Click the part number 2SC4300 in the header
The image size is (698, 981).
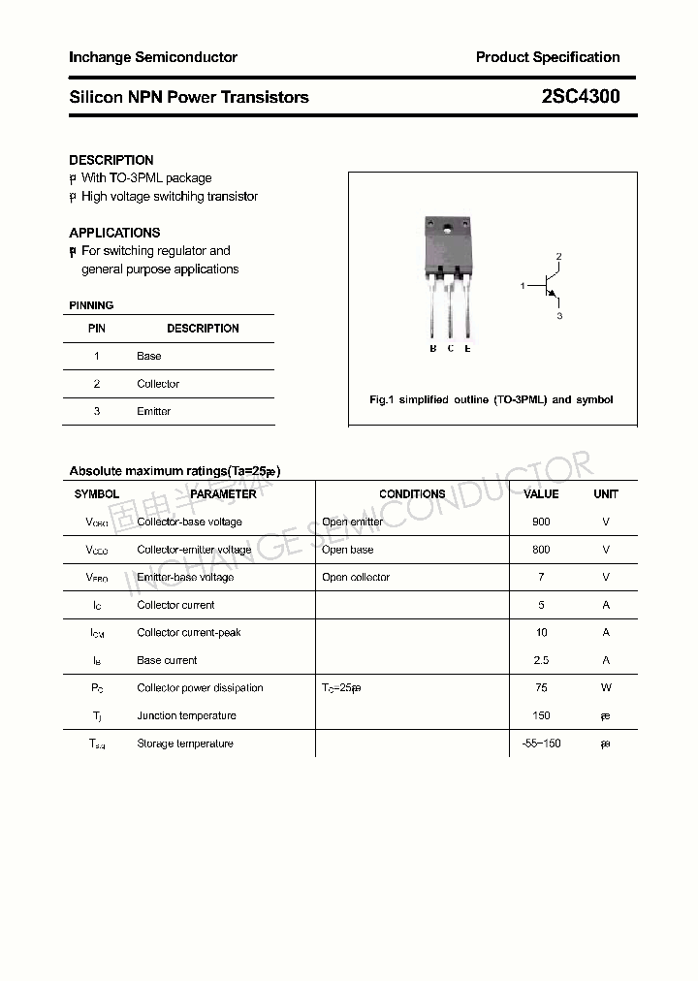[x=581, y=97]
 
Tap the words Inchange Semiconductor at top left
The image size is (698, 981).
[x=153, y=57]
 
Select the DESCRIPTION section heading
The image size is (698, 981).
[x=111, y=160]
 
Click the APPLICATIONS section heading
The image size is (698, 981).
[x=114, y=233]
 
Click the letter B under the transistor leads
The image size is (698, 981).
[x=433, y=348]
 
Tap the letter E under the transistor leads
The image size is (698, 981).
[x=467, y=348]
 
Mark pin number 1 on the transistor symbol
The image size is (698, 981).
[x=523, y=286]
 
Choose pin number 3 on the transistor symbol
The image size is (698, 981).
[x=559, y=316]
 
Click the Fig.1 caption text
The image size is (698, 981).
[x=492, y=399]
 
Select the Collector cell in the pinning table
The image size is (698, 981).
[x=158, y=384]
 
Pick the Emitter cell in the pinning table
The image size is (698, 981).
[x=153, y=411]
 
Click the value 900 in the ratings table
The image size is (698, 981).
[x=541, y=522]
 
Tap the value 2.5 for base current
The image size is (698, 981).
[x=541, y=660]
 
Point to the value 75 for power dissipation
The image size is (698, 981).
[x=541, y=688]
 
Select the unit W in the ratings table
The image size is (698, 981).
[x=606, y=688]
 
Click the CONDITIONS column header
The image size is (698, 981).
[x=412, y=493]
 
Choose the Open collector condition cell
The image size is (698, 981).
[x=356, y=577]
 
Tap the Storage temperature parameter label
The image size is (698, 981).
[x=185, y=744]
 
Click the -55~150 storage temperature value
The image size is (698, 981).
[x=541, y=744]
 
